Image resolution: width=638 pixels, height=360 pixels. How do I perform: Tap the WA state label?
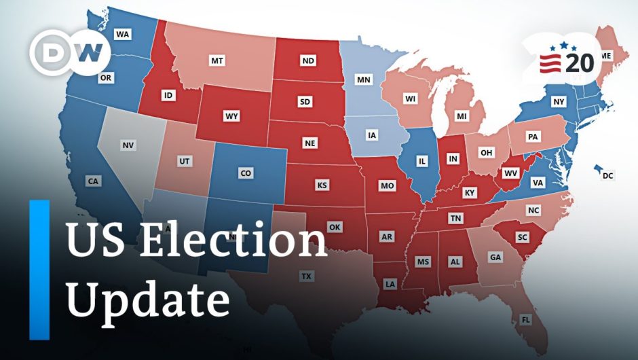click(123, 34)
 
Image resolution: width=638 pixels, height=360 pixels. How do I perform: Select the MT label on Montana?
click(217, 61)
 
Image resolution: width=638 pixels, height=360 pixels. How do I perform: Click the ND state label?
click(308, 61)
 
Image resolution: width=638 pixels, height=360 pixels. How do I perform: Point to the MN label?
click(364, 80)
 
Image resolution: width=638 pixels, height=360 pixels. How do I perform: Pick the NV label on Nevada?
click(128, 145)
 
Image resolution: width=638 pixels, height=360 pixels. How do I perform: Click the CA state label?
click(93, 181)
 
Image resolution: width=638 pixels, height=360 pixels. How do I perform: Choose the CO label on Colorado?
click(246, 173)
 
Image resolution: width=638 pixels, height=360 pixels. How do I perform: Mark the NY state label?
click(559, 102)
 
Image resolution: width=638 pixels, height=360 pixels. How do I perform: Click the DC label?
click(607, 177)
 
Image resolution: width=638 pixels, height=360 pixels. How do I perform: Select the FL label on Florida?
click(526, 319)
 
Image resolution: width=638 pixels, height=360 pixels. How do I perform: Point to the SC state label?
click(521, 237)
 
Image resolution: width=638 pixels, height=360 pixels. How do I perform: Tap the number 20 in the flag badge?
click(580, 63)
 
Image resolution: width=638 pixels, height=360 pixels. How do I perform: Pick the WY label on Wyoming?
click(232, 116)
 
